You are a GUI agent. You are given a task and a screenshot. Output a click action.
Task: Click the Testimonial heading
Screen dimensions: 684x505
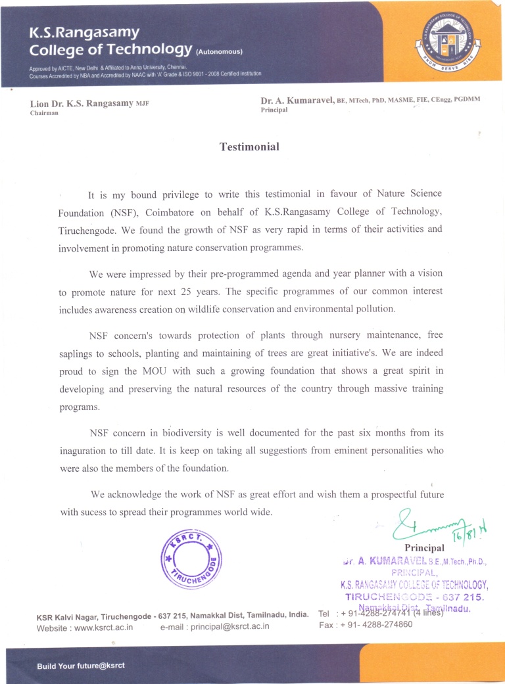[249, 147]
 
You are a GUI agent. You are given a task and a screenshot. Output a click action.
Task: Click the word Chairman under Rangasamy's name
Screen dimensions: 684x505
[45, 114]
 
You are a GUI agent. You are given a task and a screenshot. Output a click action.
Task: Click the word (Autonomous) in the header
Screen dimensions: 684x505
[220, 51]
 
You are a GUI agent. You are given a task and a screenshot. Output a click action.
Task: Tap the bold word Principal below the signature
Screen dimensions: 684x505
[425, 547]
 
